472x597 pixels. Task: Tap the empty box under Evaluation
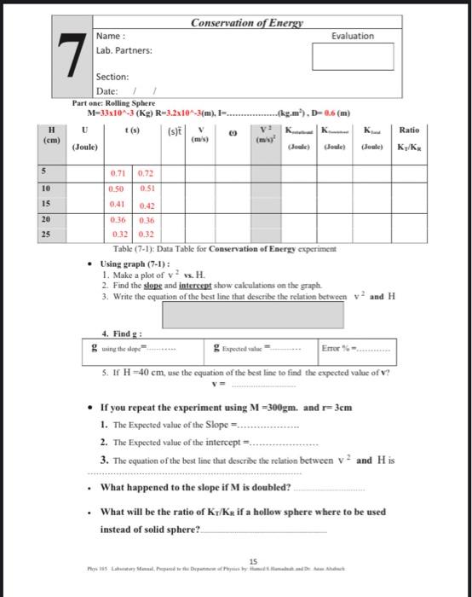(x=352, y=56)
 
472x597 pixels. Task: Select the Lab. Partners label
(x=124, y=50)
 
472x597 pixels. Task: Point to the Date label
(x=106, y=91)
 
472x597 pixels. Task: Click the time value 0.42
(x=146, y=206)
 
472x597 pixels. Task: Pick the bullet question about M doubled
(x=195, y=488)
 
